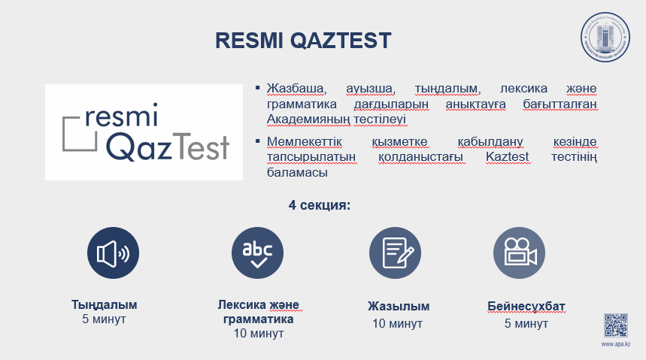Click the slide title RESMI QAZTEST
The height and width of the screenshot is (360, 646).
click(x=303, y=41)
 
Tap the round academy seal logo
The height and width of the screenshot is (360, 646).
click(x=605, y=37)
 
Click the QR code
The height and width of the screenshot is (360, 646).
click(x=615, y=325)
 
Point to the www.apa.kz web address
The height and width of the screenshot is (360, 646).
click(x=615, y=344)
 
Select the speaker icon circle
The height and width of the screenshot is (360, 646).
click(x=113, y=253)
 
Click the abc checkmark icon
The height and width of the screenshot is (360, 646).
click(x=257, y=253)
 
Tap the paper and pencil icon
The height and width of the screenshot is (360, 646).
click(x=395, y=253)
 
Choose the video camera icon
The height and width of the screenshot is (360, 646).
click(x=519, y=253)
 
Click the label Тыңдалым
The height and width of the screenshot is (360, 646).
click(x=105, y=305)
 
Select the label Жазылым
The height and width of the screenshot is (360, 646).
click(x=399, y=307)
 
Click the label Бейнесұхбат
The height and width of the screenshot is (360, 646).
click(x=526, y=307)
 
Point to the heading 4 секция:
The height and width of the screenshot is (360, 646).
click(x=320, y=204)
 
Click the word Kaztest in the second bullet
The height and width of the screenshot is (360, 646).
click(x=507, y=157)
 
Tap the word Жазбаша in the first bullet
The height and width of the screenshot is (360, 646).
click(x=296, y=89)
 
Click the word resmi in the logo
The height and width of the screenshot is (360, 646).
click(x=122, y=114)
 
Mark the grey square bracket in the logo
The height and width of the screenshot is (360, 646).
click(x=63, y=134)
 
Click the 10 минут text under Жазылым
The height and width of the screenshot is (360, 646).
click(x=398, y=324)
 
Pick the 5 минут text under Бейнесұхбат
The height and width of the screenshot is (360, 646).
click(x=526, y=324)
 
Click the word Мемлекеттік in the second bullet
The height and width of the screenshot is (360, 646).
click(x=305, y=142)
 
